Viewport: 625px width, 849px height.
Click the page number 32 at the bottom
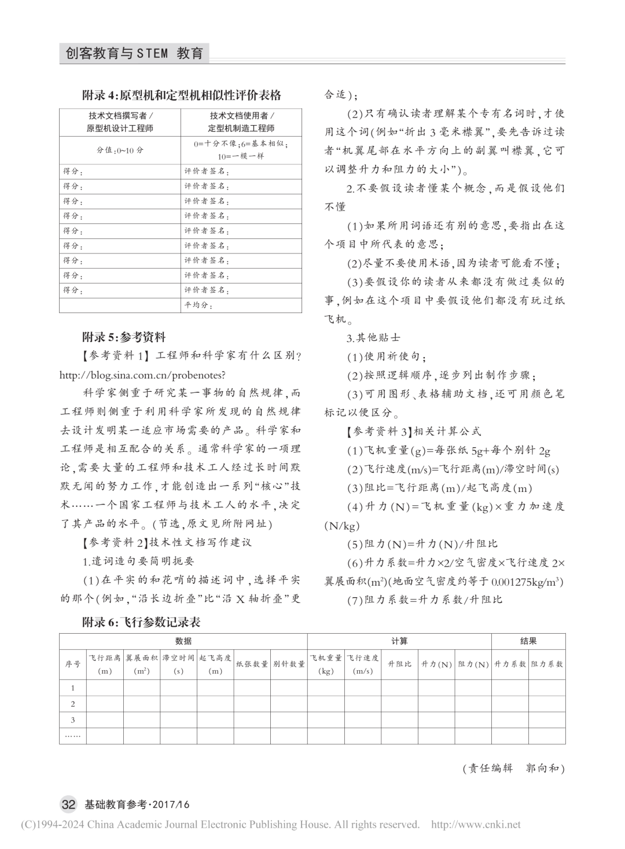[x=68, y=804]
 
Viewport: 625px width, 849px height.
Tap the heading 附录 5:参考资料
[x=124, y=337]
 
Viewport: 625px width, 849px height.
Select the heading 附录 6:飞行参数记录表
[x=141, y=622]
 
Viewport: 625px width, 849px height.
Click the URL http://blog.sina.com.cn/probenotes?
[x=142, y=375]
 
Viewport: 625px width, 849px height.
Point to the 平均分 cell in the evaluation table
[x=198, y=305]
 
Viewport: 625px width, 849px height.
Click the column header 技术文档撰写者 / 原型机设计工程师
[x=120, y=122]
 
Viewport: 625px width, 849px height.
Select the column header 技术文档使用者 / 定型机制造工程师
[x=241, y=122]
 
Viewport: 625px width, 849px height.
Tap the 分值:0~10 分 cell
[x=120, y=150]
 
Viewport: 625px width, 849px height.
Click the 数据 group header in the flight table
[x=183, y=641]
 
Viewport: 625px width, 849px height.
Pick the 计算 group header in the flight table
[x=399, y=641]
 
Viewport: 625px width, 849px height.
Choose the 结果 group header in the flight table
[x=528, y=641]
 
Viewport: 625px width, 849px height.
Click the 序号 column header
[x=73, y=664]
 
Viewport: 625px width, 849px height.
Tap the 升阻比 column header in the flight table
[x=399, y=664]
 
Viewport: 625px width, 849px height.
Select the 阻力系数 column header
[x=547, y=664]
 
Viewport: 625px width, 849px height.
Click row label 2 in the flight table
[x=73, y=704]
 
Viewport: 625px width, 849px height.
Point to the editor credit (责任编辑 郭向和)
[x=513, y=769]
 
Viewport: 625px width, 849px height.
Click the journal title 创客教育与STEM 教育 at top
[x=134, y=54]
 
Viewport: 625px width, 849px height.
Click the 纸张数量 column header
[x=252, y=664]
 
